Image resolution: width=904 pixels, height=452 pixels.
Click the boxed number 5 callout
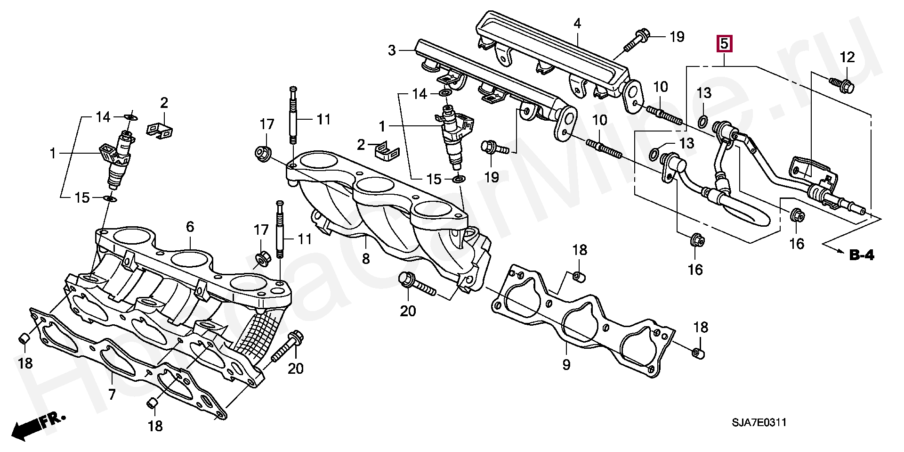[724, 44]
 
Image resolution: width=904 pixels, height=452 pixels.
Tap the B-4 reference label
[862, 256]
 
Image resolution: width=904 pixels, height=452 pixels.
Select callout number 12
[847, 58]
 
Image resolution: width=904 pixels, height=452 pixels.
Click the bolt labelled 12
[842, 85]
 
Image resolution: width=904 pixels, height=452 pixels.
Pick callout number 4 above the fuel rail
[577, 23]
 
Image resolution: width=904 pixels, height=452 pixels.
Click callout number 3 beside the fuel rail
[392, 50]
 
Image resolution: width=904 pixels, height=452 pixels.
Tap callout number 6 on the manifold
[190, 227]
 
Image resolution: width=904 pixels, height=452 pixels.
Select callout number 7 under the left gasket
[112, 394]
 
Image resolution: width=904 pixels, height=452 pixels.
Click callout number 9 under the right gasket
[566, 364]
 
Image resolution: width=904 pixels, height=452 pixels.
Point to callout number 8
[366, 258]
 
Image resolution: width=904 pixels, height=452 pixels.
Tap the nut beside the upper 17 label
[262, 154]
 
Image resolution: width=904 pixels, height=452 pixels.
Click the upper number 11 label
[323, 120]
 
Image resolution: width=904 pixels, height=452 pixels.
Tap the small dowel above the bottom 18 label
[153, 403]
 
